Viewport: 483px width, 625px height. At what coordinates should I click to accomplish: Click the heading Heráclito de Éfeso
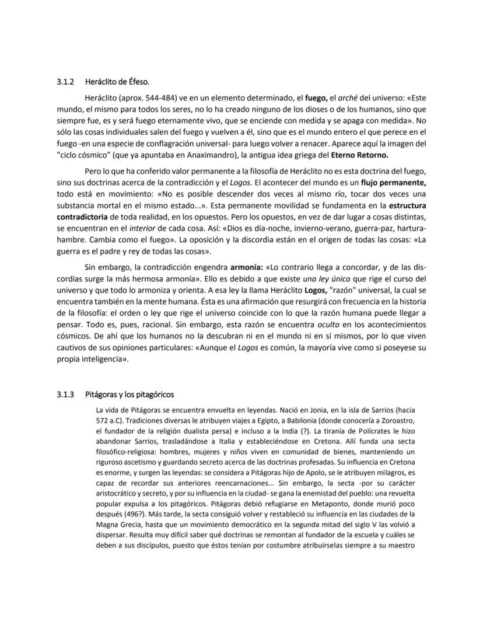[117, 81]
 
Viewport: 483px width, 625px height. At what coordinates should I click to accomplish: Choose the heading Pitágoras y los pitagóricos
[129, 394]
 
